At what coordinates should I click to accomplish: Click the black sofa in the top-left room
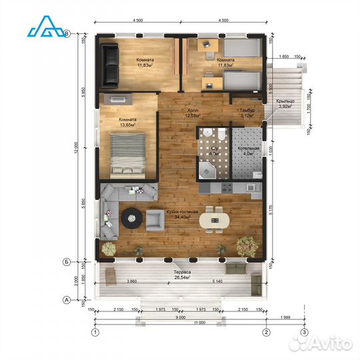coord(110,64)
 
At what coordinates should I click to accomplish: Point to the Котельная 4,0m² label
coord(245,152)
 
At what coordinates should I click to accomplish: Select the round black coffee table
coord(131,216)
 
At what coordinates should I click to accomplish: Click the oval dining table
coord(214,218)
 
